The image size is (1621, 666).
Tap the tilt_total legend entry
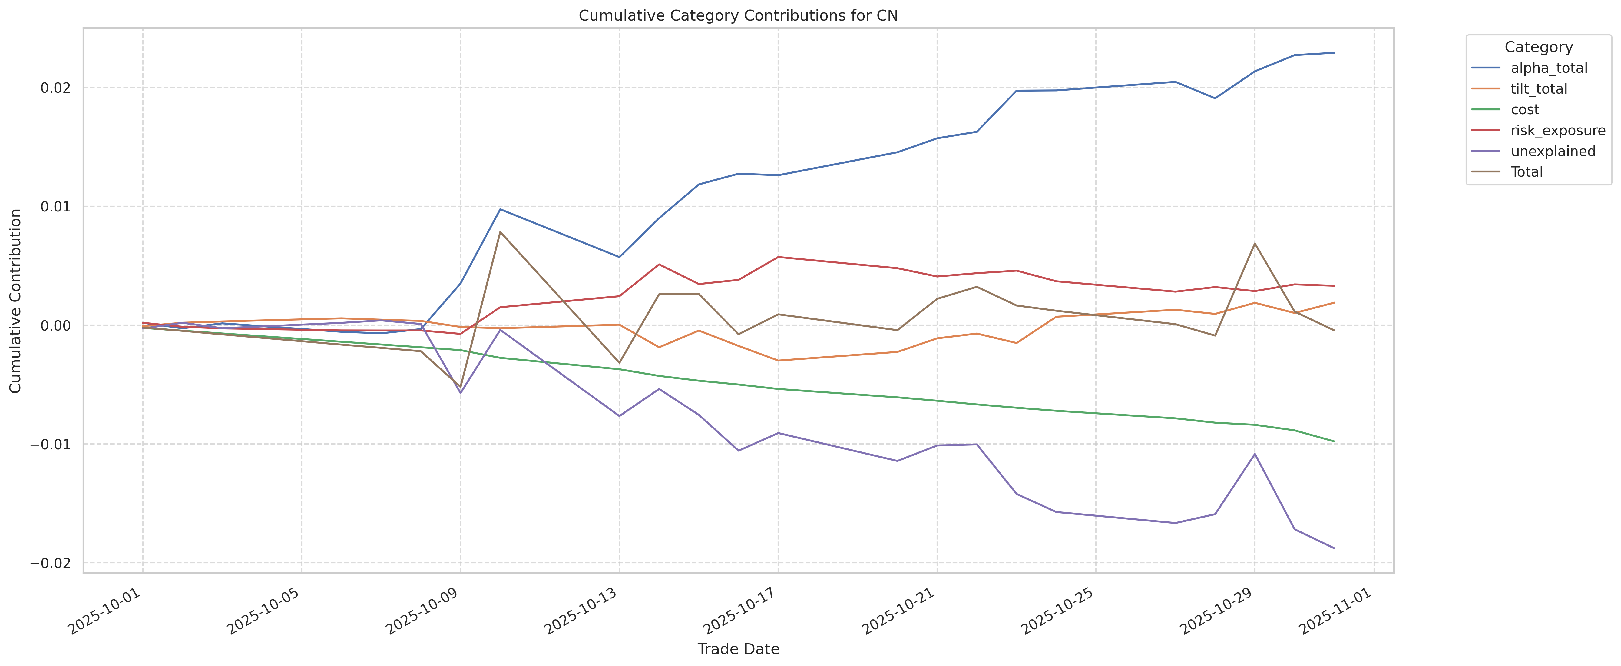click(1539, 89)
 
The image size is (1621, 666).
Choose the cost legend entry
click(1525, 109)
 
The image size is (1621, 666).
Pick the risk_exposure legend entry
click(1557, 130)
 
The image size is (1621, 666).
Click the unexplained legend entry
click(1552, 151)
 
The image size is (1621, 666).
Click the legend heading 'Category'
click(1538, 47)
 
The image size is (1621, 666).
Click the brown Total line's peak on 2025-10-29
click(1255, 243)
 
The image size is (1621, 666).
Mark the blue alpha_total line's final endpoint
click(1334, 53)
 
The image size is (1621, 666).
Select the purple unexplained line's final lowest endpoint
click(1334, 548)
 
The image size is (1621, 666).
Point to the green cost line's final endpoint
click(1334, 441)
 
